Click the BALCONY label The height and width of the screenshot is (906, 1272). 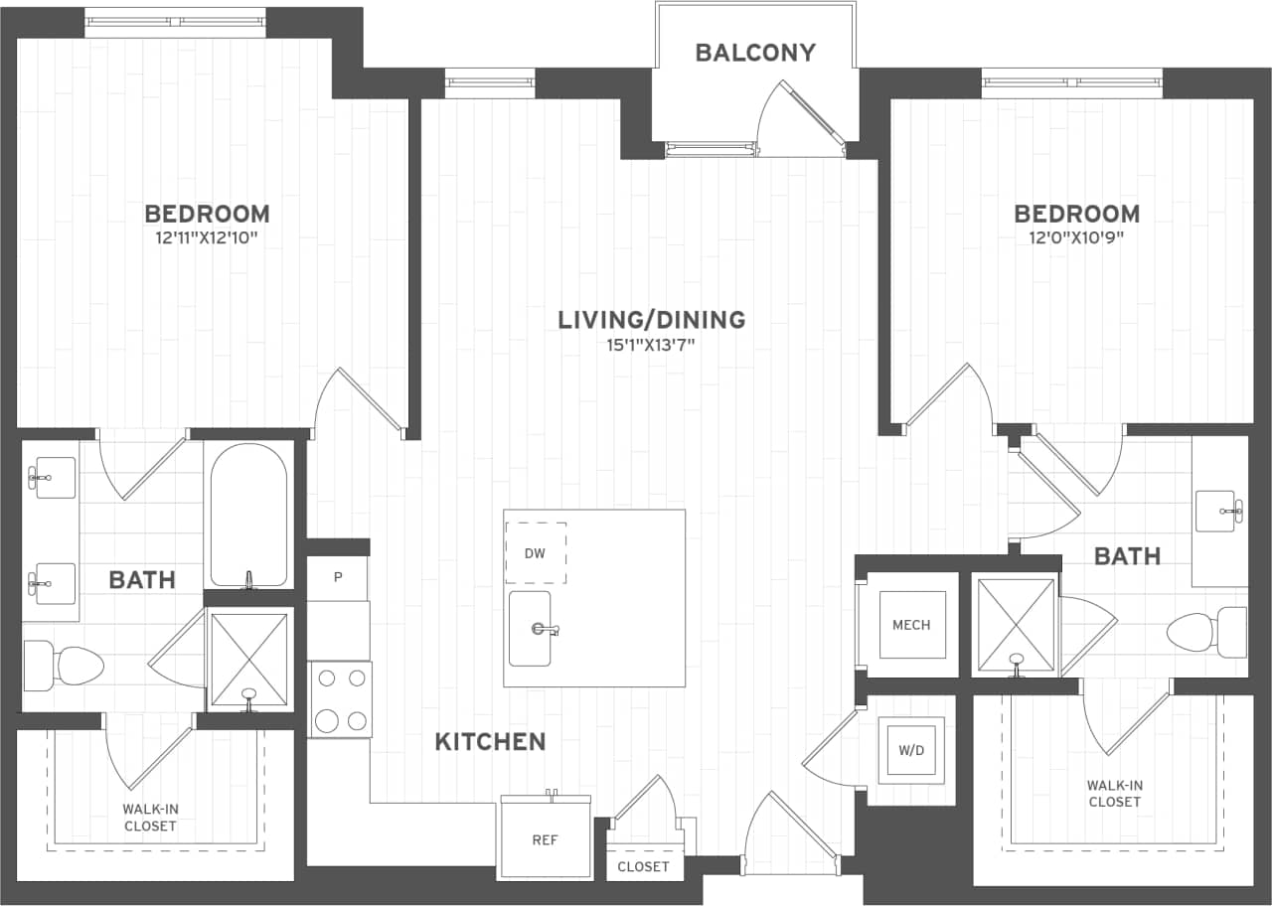click(755, 53)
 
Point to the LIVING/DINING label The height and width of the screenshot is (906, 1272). click(651, 320)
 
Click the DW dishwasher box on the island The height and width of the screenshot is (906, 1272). click(536, 553)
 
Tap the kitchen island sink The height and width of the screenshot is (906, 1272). click(531, 628)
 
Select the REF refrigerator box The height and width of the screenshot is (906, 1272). click(545, 839)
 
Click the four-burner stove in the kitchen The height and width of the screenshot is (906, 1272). click(340, 699)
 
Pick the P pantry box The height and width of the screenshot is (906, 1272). click(337, 577)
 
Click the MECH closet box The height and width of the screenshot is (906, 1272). click(911, 625)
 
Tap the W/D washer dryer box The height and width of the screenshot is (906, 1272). click(911, 750)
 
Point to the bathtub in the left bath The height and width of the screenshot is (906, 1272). click(248, 515)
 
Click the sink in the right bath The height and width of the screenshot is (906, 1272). click(1215, 511)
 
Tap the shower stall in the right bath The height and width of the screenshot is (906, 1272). click(1016, 626)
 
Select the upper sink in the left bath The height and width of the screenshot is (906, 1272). click(50, 478)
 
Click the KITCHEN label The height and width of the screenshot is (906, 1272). click(490, 741)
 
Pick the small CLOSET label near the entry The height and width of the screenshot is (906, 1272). click(643, 866)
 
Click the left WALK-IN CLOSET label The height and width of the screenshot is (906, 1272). click(150, 818)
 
